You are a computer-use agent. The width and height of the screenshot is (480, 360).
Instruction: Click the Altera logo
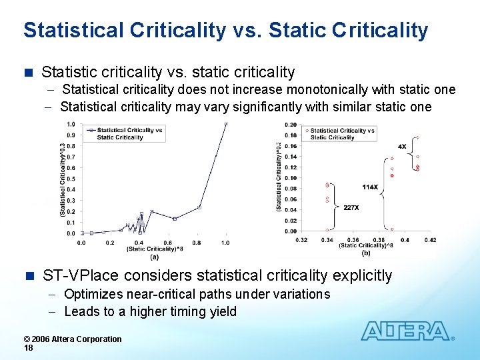(x=407, y=331)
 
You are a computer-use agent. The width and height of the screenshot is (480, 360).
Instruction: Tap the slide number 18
(x=28, y=348)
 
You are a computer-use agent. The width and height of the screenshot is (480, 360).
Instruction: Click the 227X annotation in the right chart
(x=351, y=207)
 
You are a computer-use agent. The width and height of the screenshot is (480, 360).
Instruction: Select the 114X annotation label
(x=370, y=187)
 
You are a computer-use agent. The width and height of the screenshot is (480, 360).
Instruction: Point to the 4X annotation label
(x=402, y=146)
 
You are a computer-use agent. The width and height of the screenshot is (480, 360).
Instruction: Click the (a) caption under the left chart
(x=154, y=255)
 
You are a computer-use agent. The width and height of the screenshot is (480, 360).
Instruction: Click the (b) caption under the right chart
(x=366, y=253)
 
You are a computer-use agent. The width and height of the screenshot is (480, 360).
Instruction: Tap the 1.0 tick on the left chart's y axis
(x=70, y=124)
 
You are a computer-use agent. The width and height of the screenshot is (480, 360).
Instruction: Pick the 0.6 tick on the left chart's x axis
(x=168, y=243)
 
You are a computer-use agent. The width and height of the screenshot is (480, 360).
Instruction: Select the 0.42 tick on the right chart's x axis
(x=430, y=240)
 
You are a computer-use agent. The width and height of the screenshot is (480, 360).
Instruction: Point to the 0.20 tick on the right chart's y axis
(x=291, y=125)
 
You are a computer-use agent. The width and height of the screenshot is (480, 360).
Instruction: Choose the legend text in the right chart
(x=342, y=134)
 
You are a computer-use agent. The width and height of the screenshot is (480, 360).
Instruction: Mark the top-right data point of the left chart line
(x=226, y=124)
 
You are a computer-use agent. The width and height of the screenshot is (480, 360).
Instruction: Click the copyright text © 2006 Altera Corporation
(x=73, y=339)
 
